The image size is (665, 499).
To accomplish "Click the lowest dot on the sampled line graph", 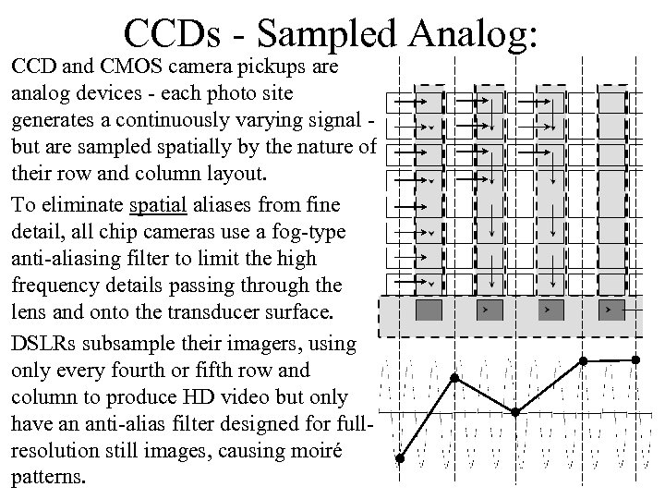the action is pos(400,458).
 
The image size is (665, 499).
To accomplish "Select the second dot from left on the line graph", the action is pos(453,377).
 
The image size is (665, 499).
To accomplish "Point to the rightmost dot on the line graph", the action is pos(635,359).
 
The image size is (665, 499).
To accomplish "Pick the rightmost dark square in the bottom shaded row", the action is pos(611,307).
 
